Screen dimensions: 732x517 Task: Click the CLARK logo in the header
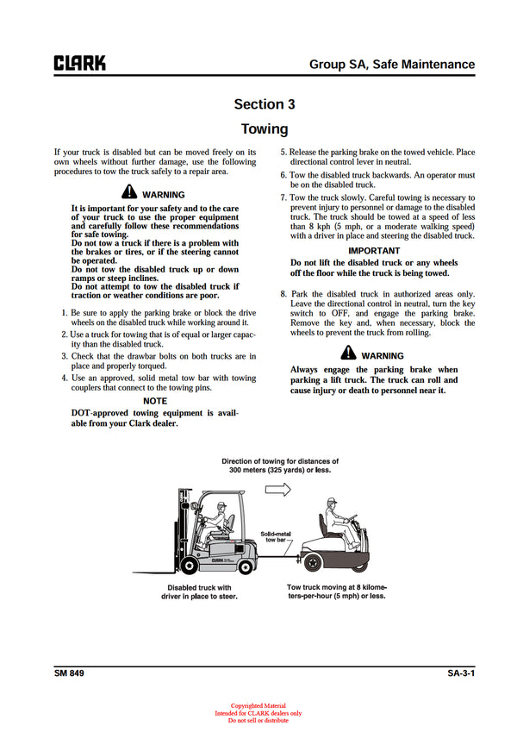[x=79, y=63]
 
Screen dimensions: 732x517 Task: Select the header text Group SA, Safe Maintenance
[x=392, y=64]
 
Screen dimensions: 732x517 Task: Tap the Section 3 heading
[x=265, y=104]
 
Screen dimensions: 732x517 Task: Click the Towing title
[x=265, y=129]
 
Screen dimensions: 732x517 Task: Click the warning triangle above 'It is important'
[x=128, y=194]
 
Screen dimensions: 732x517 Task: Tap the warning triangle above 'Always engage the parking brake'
[x=348, y=353]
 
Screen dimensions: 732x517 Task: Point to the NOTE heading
[x=155, y=401]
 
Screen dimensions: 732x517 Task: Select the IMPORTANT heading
[x=374, y=251]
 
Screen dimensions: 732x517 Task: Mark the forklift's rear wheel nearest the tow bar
[x=245, y=565]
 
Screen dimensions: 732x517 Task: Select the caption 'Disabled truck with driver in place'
[x=201, y=591]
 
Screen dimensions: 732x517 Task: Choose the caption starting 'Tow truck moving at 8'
[x=336, y=591]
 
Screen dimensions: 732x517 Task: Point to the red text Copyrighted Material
[x=258, y=705]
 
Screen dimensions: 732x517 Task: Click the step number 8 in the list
[x=283, y=294]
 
